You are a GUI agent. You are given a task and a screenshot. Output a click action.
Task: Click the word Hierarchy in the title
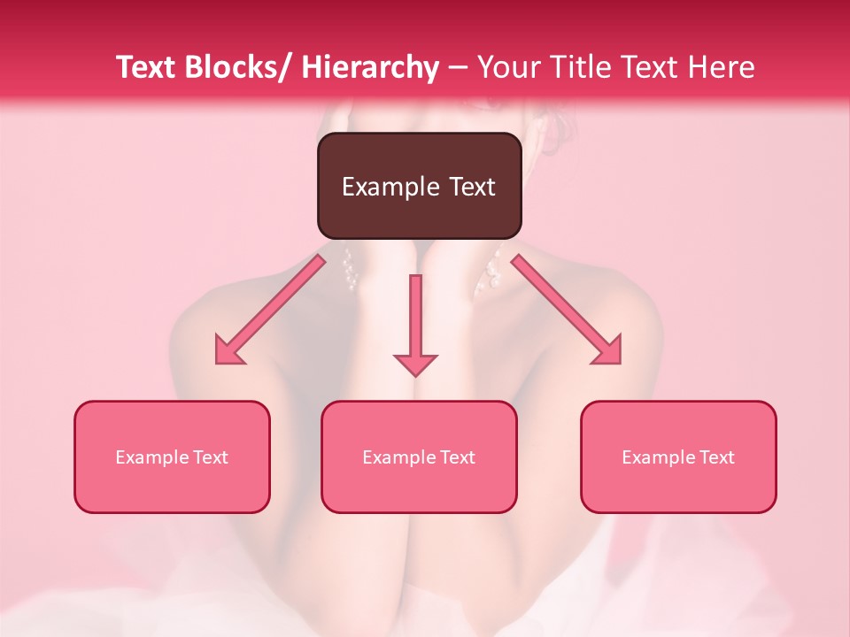[370, 67]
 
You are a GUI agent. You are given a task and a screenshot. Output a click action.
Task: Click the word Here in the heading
[722, 67]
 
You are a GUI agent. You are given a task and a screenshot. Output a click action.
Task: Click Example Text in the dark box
[419, 187]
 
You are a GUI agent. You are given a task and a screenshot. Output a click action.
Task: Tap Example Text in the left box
[172, 457]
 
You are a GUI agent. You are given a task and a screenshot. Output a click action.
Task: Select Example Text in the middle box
[419, 457]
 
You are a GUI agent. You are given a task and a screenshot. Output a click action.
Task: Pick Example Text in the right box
[678, 457]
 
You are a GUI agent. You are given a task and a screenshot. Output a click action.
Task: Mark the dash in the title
[458, 68]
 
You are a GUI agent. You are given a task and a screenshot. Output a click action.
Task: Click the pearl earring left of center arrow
[351, 271]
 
